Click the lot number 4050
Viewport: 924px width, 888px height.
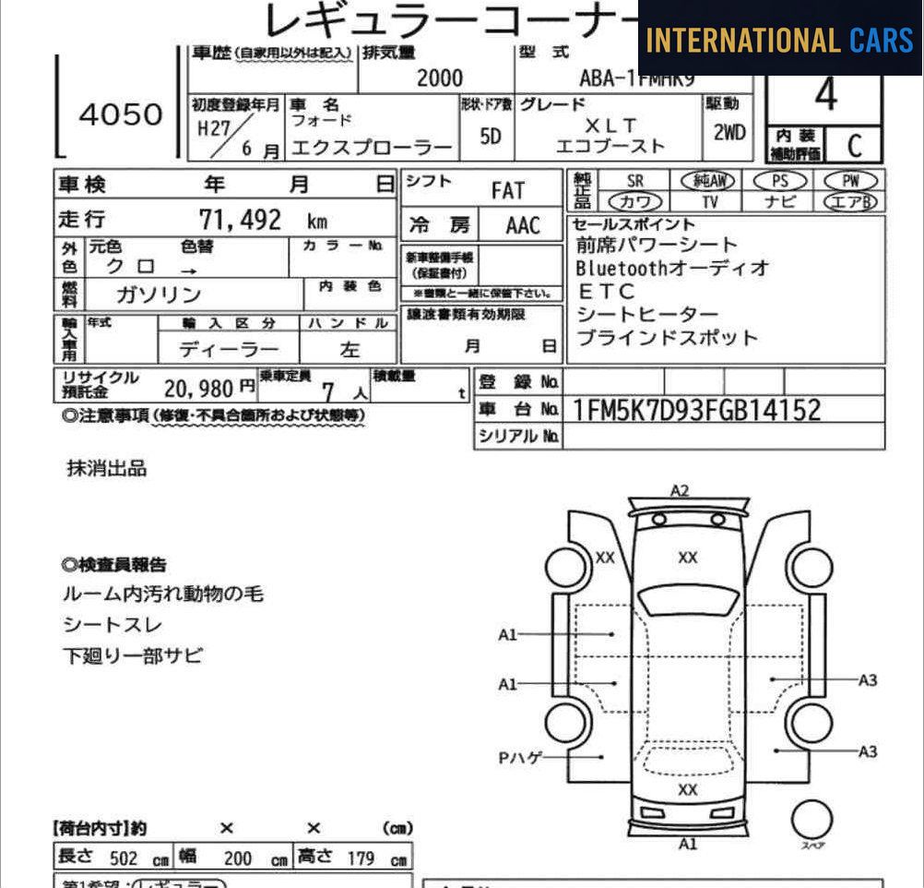coord(120,114)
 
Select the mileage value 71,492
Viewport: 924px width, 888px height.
coord(240,220)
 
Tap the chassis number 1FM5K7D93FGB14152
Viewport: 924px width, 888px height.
coord(696,409)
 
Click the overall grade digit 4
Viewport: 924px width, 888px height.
coord(825,95)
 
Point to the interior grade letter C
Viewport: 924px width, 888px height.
coord(854,145)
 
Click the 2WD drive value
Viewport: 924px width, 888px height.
coord(729,133)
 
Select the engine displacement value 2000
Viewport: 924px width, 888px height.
coord(440,78)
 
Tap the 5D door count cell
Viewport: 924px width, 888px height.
coord(491,137)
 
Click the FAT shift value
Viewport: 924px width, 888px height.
coord(507,190)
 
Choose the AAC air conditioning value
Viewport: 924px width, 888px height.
coord(523,225)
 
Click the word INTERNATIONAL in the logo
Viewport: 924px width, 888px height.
coord(742,40)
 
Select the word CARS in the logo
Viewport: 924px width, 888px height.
coord(881,40)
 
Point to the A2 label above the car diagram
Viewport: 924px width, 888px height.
coord(680,490)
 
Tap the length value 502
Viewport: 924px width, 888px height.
coord(124,858)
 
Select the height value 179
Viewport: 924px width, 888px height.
coord(361,858)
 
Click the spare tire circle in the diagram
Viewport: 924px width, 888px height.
coord(811,818)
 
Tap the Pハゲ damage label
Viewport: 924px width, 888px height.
coord(521,758)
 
